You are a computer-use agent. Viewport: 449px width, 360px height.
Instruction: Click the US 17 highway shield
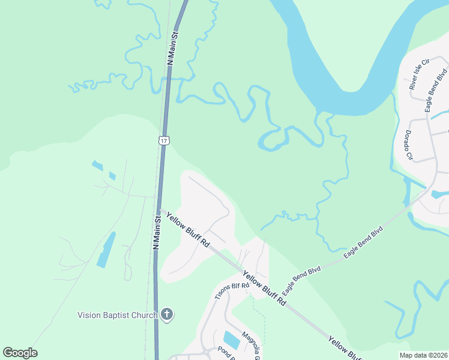point(164,140)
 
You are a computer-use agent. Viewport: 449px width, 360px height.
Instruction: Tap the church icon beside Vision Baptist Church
point(167,314)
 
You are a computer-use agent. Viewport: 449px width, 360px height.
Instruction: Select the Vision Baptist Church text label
point(117,314)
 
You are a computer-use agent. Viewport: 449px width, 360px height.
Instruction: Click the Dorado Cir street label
point(409,145)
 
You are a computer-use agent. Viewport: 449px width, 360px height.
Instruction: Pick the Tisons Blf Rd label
point(232,290)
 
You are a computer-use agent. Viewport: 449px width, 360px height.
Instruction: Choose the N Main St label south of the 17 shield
point(157,233)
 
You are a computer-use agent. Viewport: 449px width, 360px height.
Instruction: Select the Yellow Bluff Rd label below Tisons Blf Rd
point(264,289)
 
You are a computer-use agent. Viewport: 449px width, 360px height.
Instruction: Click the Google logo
point(20,353)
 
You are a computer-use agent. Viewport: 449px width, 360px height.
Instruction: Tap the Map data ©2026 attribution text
point(423,355)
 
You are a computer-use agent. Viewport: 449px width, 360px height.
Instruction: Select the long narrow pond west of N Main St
point(106,250)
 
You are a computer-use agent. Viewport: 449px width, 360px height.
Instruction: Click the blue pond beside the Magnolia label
point(231,340)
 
